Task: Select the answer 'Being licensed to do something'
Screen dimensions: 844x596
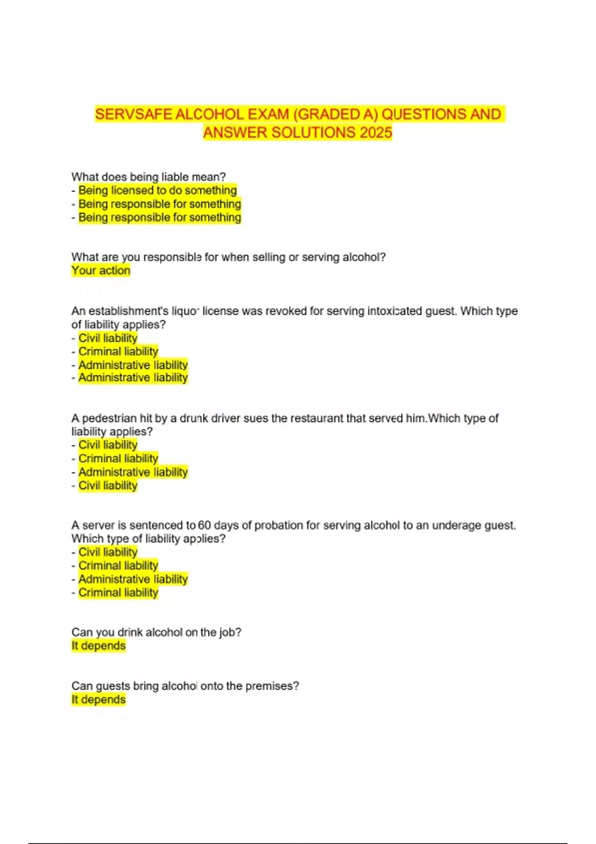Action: point(157,190)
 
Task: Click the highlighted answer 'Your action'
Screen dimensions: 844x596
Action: point(101,271)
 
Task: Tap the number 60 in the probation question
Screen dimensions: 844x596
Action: point(204,525)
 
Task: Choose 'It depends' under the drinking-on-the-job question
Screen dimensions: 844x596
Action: point(98,646)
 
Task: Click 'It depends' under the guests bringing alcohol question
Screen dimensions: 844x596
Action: point(98,700)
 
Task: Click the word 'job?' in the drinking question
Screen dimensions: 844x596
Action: point(230,633)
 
